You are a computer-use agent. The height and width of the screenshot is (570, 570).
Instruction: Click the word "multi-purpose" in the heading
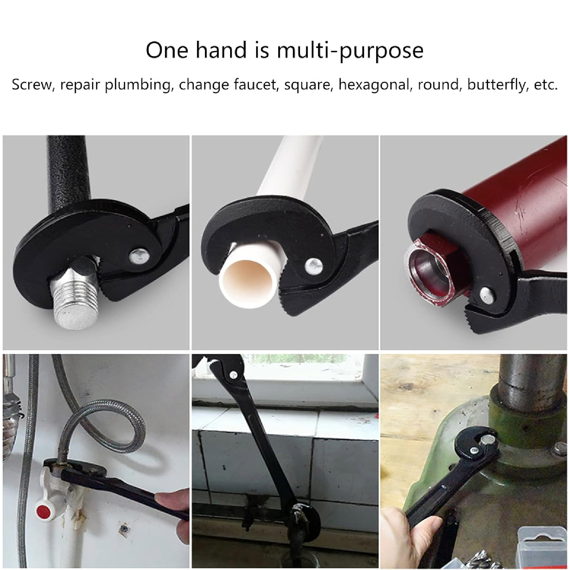click(350, 50)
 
